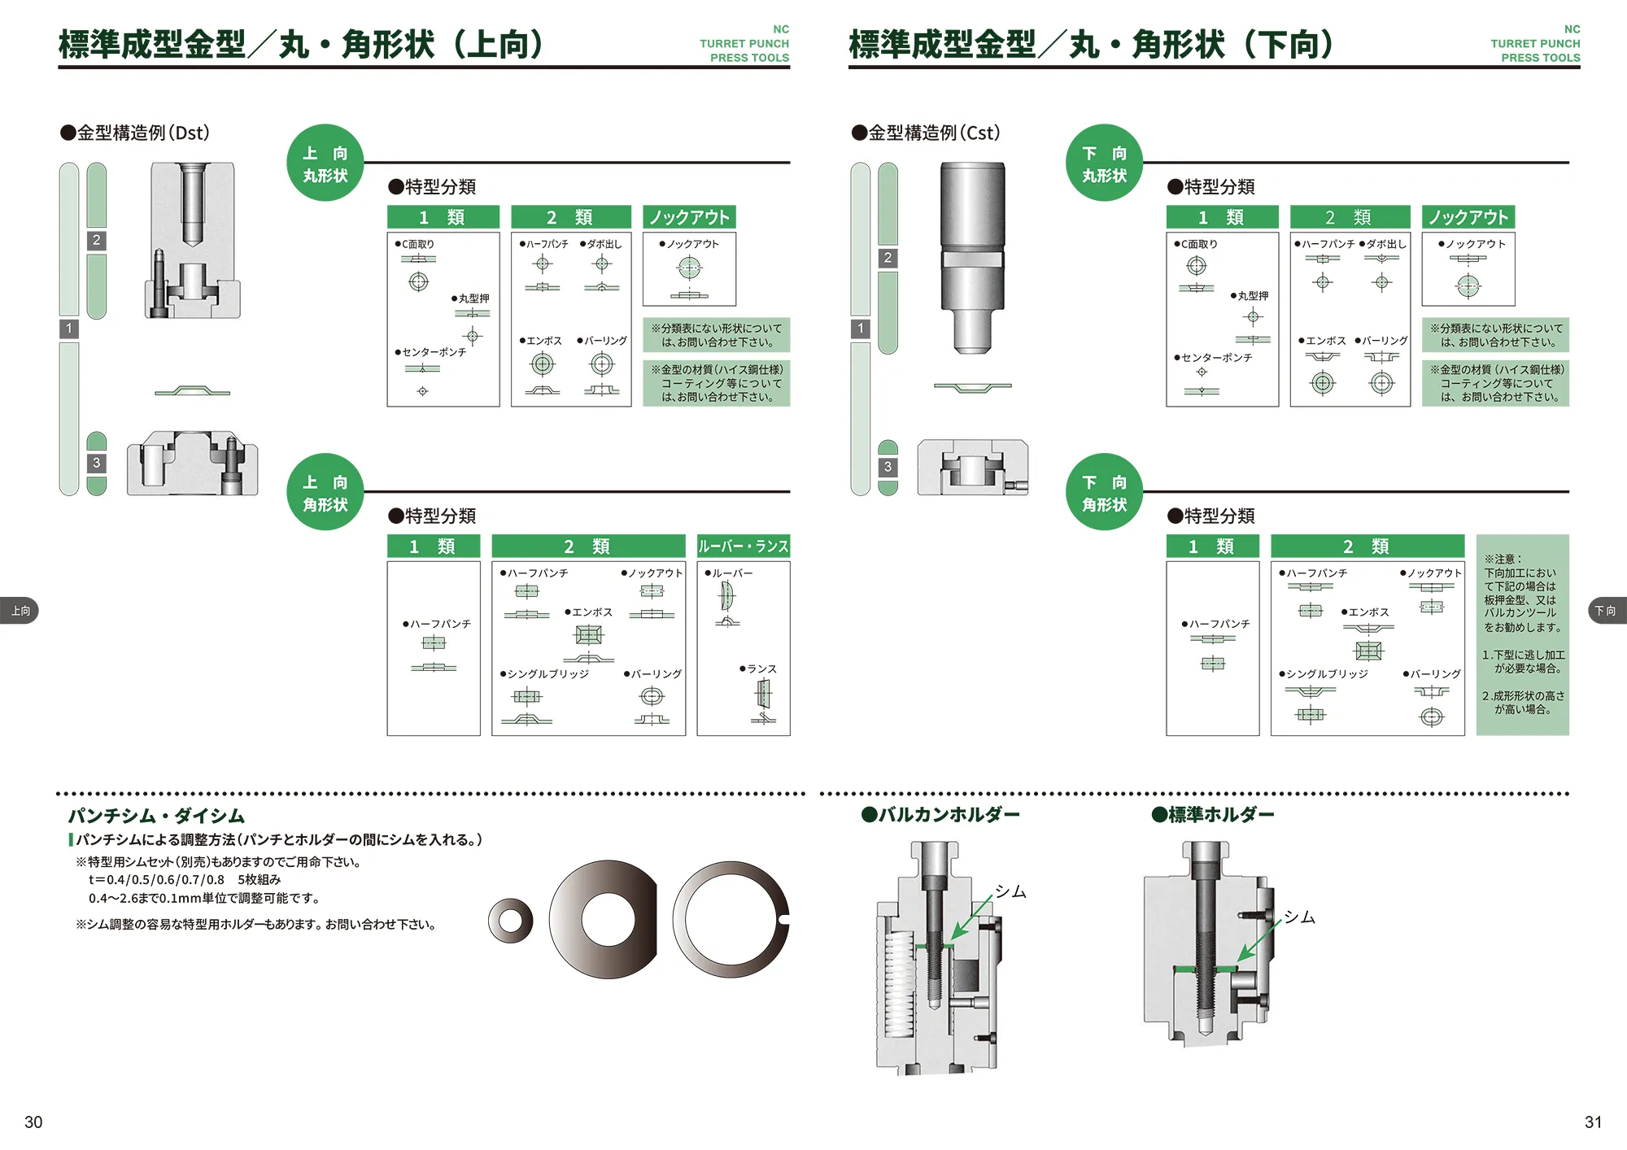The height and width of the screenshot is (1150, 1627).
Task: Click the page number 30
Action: click(33, 1122)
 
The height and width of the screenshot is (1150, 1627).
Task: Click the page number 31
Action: click(1593, 1122)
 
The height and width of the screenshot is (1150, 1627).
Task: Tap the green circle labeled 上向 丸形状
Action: click(325, 163)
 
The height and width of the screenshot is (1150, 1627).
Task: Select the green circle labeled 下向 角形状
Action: click(1104, 493)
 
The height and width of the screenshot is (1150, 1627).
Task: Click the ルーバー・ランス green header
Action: click(744, 547)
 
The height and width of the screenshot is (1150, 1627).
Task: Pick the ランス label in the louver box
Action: click(761, 669)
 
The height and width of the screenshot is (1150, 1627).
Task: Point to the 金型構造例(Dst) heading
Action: click(136, 133)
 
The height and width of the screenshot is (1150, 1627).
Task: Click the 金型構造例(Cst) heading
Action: click(927, 133)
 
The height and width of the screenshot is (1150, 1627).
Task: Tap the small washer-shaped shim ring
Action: click(510, 921)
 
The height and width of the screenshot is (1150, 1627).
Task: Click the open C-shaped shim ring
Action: click(730, 919)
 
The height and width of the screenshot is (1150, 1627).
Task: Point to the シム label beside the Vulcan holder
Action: click(1010, 891)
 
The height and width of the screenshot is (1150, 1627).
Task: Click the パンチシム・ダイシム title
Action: click(156, 816)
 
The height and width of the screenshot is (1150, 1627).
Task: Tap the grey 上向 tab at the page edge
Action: click(20, 611)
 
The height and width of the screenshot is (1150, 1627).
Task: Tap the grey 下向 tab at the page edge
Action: click(1607, 611)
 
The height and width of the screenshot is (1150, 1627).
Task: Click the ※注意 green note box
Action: click(1522, 634)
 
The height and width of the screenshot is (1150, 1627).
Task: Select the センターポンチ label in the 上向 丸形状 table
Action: click(434, 352)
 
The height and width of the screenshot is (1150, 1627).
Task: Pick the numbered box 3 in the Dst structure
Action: click(96, 463)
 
